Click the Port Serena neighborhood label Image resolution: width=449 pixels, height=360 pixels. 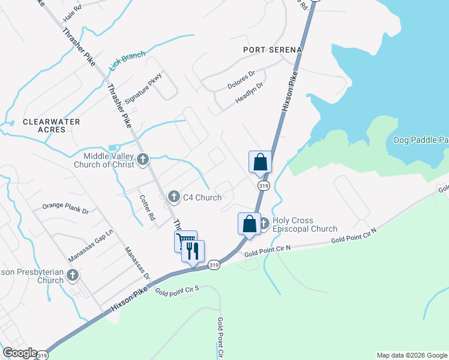point(271,50)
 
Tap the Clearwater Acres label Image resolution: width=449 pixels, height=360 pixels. point(52,125)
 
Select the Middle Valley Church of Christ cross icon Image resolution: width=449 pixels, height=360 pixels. point(143,159)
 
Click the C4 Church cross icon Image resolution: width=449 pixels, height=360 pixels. point(173,196)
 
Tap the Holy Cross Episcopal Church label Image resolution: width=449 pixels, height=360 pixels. point(304,225)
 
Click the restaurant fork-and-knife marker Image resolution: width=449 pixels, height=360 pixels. point(193,250)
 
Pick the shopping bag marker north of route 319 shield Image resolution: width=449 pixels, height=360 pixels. point(261,162)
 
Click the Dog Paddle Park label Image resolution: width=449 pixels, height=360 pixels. point(421,140)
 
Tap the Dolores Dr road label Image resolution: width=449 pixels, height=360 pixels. point(241,80)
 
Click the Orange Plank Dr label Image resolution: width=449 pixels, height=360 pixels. point(65,211)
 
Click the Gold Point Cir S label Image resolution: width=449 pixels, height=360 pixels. point(176,292)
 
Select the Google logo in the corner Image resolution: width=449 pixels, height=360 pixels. point(19,353)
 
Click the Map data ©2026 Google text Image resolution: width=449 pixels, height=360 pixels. point(411,355)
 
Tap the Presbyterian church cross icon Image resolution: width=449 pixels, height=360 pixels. point(73,275)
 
